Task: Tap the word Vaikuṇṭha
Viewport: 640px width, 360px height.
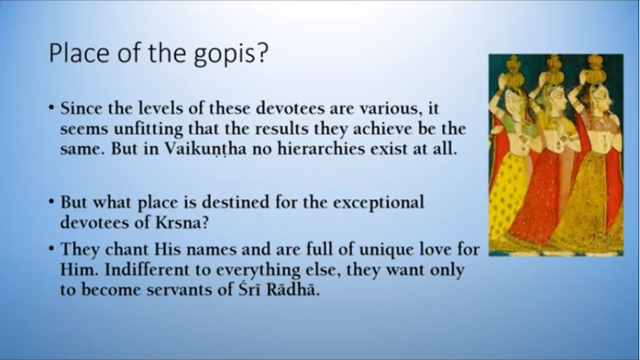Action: [x=206, y=150]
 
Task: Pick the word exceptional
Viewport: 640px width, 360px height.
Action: [x=378, y=203]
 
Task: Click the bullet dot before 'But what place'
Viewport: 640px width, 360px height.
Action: [x=51, y=202]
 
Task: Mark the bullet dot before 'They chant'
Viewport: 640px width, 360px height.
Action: [x=51, y=249]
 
